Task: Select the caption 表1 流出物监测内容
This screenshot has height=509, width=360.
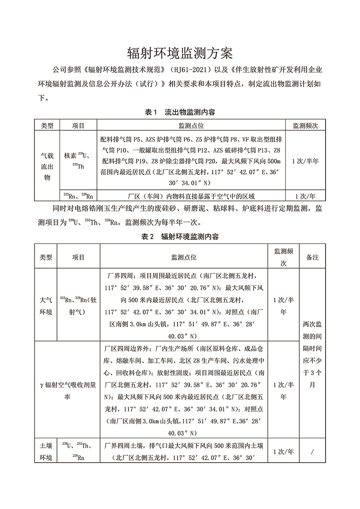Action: (x=180, y=112)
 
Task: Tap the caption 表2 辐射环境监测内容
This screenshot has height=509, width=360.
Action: (x=180, y=236)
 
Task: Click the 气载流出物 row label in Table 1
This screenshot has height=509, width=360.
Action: (x=47, y=166)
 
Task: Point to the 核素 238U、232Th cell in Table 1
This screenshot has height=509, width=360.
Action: (x=77, y=161)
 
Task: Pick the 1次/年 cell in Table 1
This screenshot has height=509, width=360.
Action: (x=305, y=196)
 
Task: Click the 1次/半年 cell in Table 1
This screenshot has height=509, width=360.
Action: (x=305, y=161)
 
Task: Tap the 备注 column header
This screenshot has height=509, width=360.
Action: (x=312, y=257)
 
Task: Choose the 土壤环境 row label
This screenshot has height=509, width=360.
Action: (x=46, y=451)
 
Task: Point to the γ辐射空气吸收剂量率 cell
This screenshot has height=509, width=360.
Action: (x=68, y=390)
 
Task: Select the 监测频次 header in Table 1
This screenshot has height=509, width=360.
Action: (x=305, y=126)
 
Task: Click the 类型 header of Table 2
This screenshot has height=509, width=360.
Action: (x=46, y=257)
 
